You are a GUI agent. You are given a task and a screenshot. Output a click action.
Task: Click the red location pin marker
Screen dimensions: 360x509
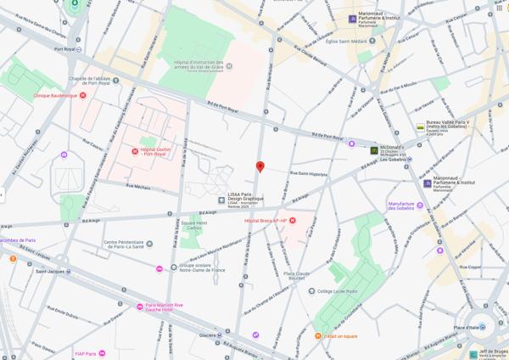click(x=260, y=167)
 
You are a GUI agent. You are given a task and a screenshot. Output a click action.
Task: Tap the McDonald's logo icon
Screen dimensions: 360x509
click(x=373, y=150)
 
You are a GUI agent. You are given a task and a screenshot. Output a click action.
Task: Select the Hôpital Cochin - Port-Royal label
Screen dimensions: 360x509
click(x=154, y=152)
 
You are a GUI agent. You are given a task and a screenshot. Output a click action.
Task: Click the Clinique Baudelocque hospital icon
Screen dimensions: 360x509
click(x=82, y=96)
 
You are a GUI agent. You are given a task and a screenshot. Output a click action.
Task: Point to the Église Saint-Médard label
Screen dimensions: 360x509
click(x=344, y=41)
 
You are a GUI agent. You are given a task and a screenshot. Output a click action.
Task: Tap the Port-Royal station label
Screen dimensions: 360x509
click(x=65, y=48)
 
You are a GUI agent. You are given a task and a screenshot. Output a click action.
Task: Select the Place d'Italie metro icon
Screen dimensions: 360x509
click(x=483, y=327)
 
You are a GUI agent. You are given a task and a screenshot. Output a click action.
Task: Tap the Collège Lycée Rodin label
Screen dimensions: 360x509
click(x=339, y=290)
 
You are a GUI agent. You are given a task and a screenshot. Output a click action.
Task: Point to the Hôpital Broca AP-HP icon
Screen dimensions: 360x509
click(x=292, y=221)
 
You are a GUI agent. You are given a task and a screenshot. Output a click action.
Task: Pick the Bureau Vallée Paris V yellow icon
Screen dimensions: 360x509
click(x=420, y=127)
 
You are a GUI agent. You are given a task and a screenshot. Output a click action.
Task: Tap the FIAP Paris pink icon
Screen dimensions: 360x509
click(x=102, y=353)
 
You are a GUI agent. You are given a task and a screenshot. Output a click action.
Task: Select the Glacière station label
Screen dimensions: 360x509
click(x=207, y=335)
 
